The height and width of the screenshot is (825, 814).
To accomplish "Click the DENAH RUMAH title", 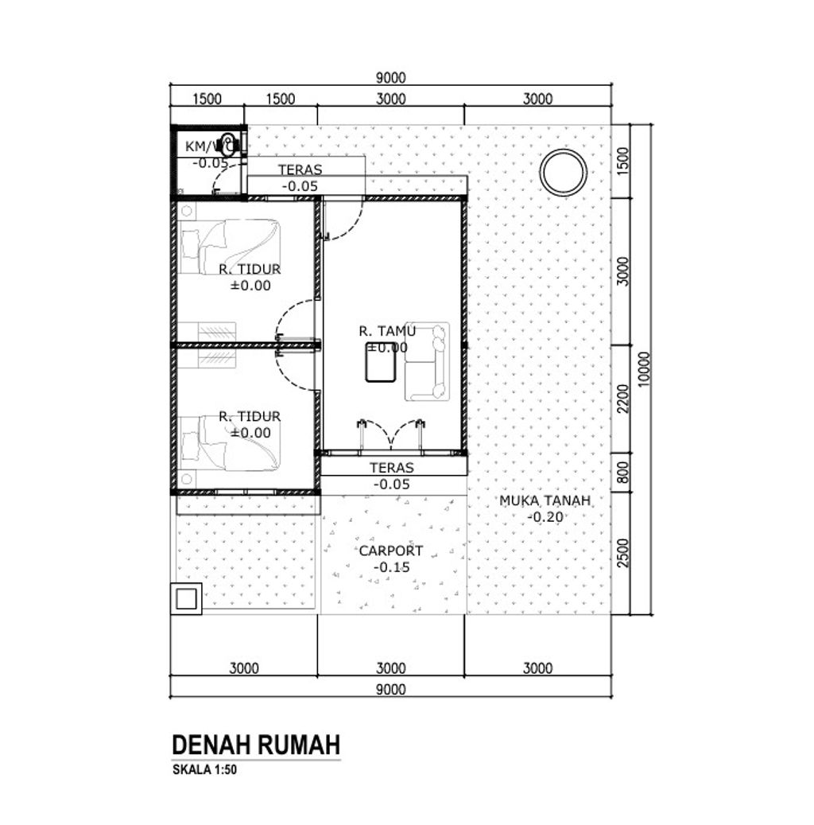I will pos(256,745).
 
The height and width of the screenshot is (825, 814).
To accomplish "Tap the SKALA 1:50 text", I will pos(204,769).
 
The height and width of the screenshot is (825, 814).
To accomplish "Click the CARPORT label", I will pos(390,551).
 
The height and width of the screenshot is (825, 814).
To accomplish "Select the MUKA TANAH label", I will pos(545,500).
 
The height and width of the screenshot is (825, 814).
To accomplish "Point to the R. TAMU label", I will pos(387,330).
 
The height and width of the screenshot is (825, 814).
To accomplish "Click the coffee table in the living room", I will pos(382,364).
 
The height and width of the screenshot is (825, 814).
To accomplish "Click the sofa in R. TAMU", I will pos(427,360).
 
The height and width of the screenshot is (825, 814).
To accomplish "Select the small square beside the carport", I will pos(188,597).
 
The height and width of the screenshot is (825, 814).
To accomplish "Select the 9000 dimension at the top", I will pos(391,77).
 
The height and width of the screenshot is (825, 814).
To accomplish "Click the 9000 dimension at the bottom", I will pos(391,689).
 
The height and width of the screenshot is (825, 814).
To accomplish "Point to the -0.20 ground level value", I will pos(545,516).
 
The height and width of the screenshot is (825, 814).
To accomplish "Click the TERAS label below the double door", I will pos(392,469).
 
